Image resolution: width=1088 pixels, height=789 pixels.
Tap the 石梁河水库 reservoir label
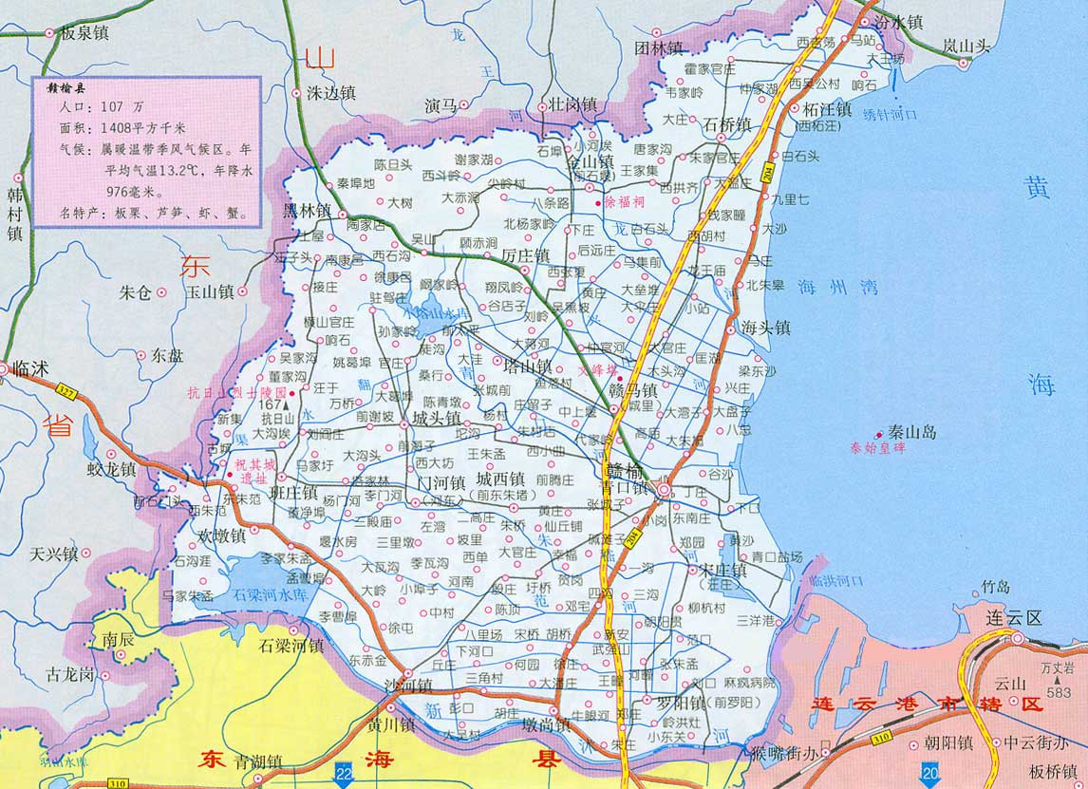[x=271, y=594]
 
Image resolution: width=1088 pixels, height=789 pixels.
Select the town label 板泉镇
[x=84, y=32]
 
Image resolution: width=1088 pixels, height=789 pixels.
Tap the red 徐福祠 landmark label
[x=626, y=202]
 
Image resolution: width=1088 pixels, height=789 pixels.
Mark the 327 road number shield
[x=65, y=390]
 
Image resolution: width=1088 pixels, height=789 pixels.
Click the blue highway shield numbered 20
[x=929, y=768]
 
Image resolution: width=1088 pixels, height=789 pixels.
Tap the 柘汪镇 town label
[x=825, y=109]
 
